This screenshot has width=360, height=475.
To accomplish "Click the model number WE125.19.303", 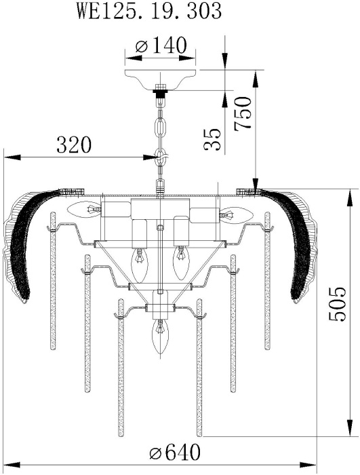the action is pyautogui.click(x=149, y=12).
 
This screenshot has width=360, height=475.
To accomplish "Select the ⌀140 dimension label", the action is pyautogui.click(x=161, y=45).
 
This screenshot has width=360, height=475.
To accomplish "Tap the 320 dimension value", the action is pyautogui.click(x=74, y=145).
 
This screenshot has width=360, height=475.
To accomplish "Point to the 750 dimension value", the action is pyautogui.click(x=243, y=113).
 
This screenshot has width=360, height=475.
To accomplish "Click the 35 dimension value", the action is pyautogui.click(x=212, y=139).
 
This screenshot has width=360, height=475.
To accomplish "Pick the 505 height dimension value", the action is pyautogui.click(x=337, y=304).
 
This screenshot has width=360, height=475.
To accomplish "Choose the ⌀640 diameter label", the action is pyautogui.click(x=175, y=453).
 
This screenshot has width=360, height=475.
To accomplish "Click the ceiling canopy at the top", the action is pyautogui.click(x=161, y=79).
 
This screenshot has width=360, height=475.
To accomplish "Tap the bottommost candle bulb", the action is pyautogui.click(x=160, y=336).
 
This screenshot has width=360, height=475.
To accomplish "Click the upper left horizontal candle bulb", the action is pyautogui.click(x=84, y=209).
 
